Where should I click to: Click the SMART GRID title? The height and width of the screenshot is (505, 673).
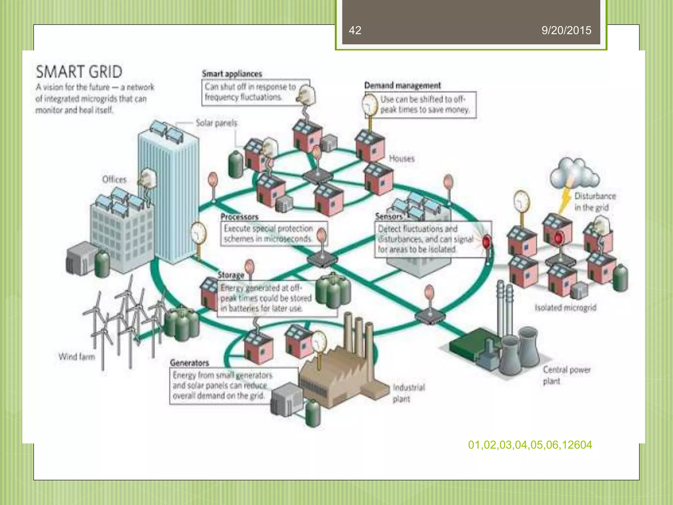pos(79,72)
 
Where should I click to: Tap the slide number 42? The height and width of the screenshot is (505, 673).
pos(355,30)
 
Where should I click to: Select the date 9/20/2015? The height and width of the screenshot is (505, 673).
pos(566,30)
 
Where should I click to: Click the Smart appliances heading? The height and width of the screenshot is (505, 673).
pos(232,74)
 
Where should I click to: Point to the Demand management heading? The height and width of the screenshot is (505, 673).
pos(402,85)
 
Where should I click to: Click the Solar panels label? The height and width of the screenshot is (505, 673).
pos(216,123)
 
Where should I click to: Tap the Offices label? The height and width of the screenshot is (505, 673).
pos(114,180)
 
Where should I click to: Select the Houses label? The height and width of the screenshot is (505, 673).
pos(402,158)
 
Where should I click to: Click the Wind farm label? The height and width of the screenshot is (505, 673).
pos(77,356)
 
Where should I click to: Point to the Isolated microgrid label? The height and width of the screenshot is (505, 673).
pos(565,308)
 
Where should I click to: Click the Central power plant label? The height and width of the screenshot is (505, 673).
pos(566,375)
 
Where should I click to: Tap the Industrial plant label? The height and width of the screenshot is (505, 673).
pos(408,393)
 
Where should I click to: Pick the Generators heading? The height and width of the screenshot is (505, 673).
pos(189,363)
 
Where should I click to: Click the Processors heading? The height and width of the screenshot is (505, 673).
pos(239,217)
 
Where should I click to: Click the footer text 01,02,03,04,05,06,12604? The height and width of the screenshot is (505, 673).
pos(530,445)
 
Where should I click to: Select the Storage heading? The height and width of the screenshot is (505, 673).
pos(231,275)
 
